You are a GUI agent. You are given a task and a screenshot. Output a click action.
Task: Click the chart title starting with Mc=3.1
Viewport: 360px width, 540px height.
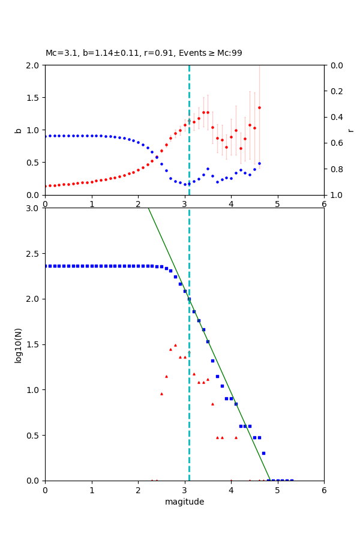pos(144,53)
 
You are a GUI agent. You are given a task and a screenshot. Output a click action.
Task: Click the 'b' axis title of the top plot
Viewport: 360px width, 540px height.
pos(18,130)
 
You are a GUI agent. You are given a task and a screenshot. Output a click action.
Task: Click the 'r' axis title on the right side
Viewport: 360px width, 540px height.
pos(350,130)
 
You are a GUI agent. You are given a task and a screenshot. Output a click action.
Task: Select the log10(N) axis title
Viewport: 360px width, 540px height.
pos(18,344)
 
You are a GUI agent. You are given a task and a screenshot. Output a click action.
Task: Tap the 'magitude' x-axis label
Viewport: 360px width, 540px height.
pos(184,502)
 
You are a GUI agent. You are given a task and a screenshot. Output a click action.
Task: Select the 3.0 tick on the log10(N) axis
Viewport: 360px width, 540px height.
pos(34,208)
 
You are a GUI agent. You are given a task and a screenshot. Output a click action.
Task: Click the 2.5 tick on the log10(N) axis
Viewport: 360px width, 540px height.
pos(34,253)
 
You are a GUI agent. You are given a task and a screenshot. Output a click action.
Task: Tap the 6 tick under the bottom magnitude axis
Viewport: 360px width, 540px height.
pos(324,490)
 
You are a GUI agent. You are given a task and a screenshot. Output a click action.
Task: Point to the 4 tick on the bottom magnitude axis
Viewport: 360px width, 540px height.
pos(231,490)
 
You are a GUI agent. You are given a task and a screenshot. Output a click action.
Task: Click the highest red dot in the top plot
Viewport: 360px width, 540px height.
pos(259,108)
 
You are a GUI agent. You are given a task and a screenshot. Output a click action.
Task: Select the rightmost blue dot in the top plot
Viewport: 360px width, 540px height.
pos(259,163)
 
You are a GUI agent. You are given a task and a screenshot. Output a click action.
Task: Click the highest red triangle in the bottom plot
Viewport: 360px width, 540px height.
pos(175,345)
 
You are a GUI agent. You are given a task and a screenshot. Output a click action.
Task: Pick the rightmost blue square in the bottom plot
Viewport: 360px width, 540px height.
pos(292,480)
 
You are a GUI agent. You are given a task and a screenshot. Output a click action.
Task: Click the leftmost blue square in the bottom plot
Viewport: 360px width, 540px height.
pos(46,266)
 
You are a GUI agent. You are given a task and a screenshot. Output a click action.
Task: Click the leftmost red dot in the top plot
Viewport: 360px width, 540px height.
pos(46,186)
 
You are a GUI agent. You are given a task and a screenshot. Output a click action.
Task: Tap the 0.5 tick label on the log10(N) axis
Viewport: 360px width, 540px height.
pos(34,435)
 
